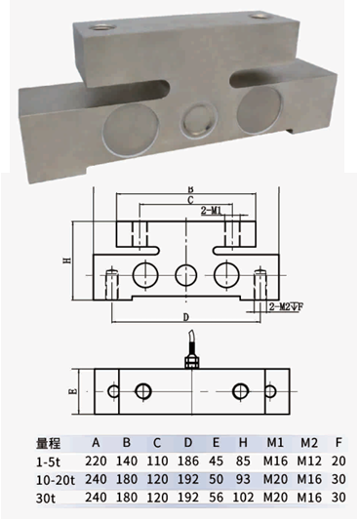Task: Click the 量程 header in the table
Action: click(48, 443)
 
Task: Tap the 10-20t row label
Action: click(56, 480)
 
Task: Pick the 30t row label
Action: click(45, 499)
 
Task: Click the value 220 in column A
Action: click(96, 462)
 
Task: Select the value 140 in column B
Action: click(127, 462)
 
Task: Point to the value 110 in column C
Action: click(157, 462)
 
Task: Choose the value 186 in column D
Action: click(188, 462)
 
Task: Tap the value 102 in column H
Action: click(244, 498)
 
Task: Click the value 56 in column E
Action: click(217, 498)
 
